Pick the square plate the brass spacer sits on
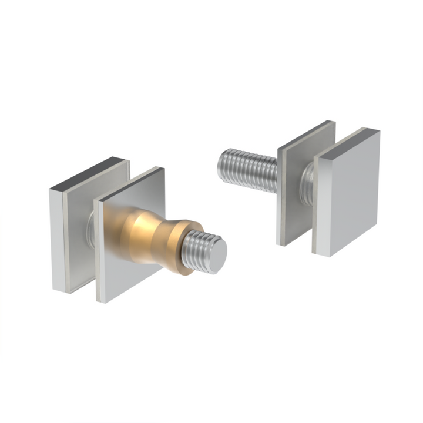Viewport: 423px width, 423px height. [x=117, y=258]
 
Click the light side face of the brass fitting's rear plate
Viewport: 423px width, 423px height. [x=56, y=241]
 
